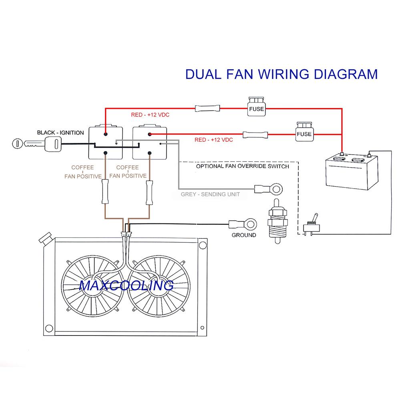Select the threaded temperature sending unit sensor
276,222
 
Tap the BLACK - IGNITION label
60,133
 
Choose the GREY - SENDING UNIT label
210,195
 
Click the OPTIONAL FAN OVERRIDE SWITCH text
242,166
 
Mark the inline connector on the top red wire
207,108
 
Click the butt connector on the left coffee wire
105,192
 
